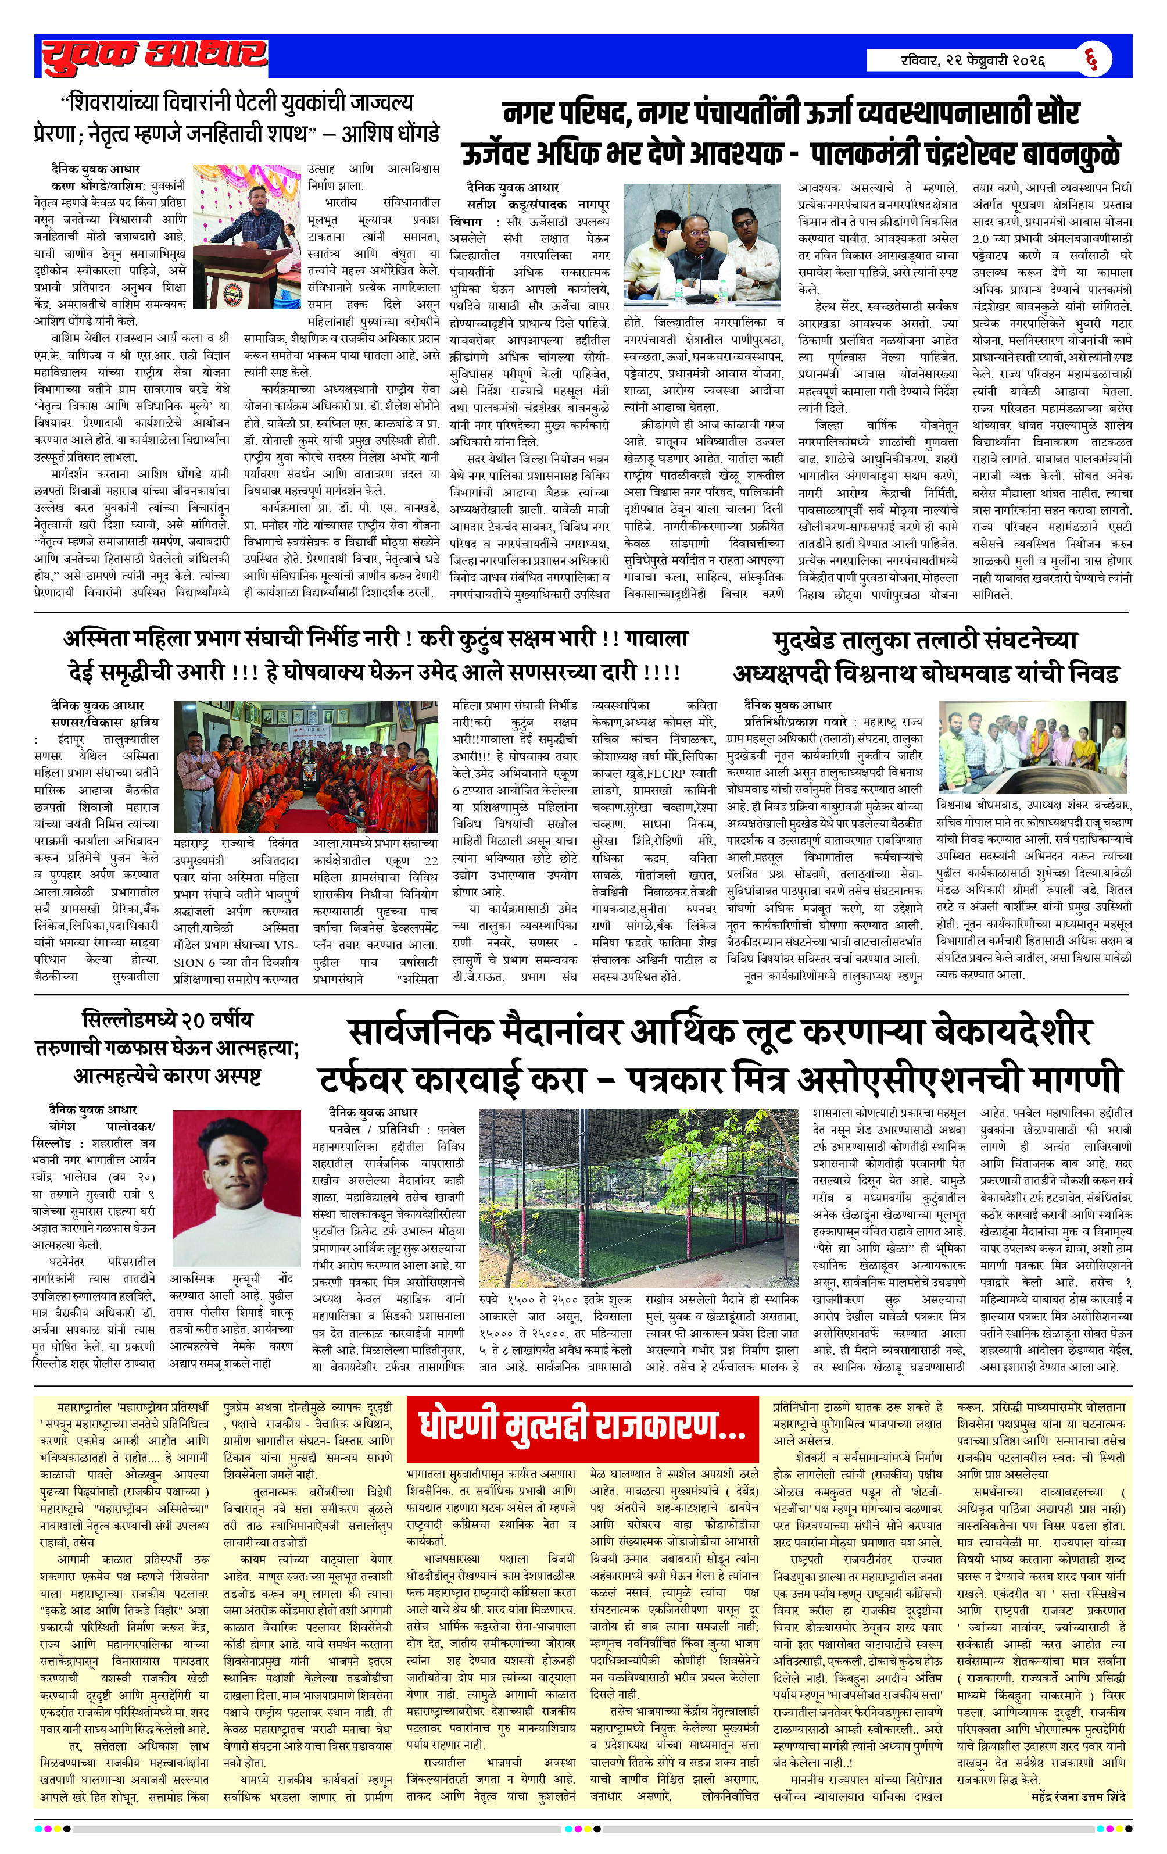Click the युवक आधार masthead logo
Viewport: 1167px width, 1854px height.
[x=154, y=56]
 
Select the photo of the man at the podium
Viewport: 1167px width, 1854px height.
[x=246, y=237]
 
